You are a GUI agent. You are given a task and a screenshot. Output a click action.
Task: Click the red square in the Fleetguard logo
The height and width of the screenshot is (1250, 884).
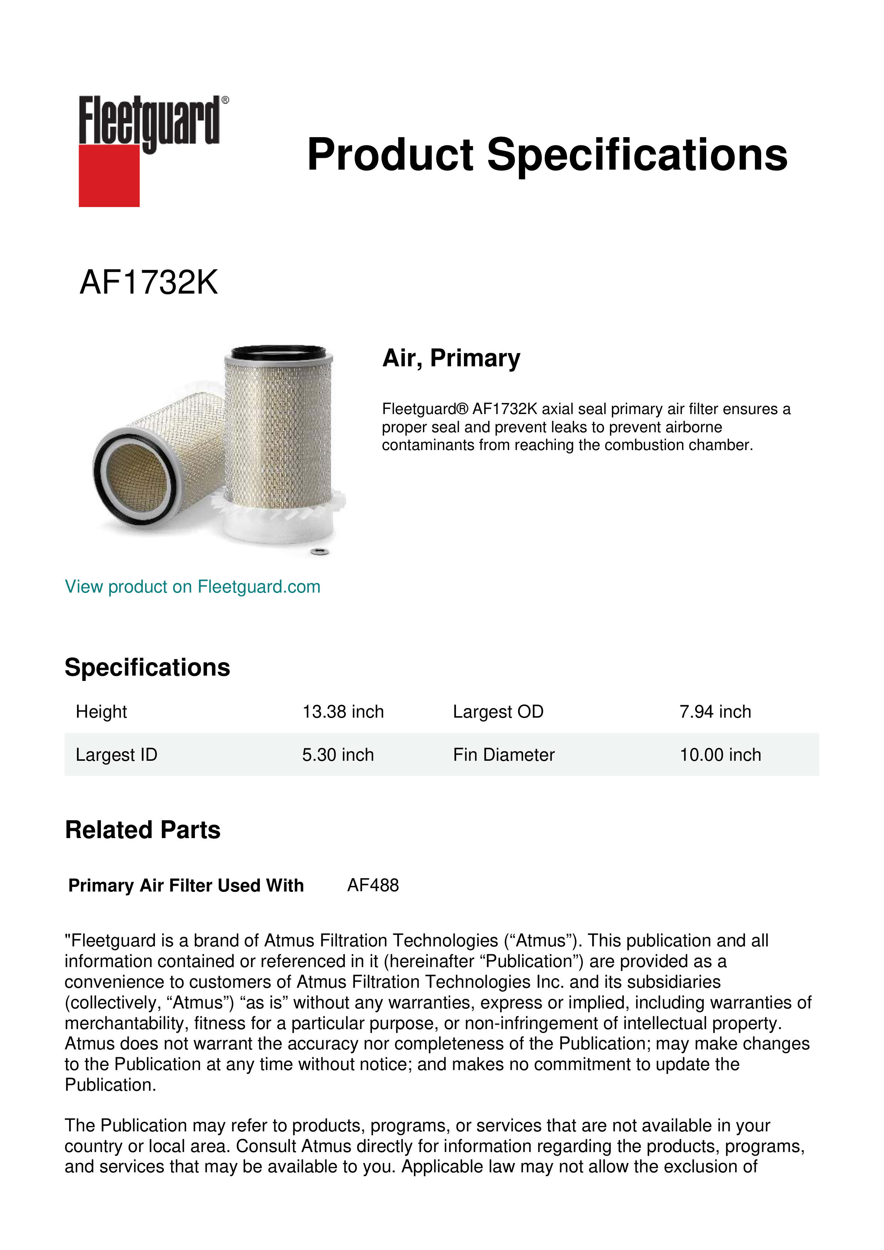pyautogui.click(x=109, y=175)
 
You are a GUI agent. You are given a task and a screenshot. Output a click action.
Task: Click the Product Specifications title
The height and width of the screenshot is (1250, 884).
pyautogui.click(x=547, y=155)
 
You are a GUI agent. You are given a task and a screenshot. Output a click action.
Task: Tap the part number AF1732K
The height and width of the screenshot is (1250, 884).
pyautogui.click(x=149, y=283)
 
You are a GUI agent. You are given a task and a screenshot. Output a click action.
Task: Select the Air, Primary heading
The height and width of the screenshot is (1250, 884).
pyautogui.click(x=451, y=358)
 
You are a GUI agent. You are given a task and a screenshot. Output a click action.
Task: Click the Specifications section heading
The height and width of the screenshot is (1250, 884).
pyautogui.click(x=148, y=667)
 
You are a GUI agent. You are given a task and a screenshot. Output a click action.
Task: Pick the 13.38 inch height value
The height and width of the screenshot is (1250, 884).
pyautogui.click(x=343, y=712)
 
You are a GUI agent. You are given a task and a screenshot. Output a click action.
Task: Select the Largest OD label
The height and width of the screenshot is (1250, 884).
pyautogui.click(x=498, y=712)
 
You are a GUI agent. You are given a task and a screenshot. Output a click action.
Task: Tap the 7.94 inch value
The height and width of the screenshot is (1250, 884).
pyautogui.click(x=715, y=712)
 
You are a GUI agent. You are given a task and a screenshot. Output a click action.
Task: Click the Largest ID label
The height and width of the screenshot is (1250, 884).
pyautogui.click(x=117, y=755)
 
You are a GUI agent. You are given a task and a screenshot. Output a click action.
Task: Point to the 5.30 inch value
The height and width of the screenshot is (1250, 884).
pyautogui.click(x=338, y=755)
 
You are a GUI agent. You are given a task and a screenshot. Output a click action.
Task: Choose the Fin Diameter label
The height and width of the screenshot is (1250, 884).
pyautogui.click(x=503, y=755)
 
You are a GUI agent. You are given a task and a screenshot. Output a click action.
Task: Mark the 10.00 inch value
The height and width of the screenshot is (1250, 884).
pyautogui.click(x=720, y=755)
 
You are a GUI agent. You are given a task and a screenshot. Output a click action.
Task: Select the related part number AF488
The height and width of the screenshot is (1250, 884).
pyautogui.click(x=373, y=885)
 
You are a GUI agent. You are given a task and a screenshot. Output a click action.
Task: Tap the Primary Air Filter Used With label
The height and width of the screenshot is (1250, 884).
pyautogui.click(x=186, y=886)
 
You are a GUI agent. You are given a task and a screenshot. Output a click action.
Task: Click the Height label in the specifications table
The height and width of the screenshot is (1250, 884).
pyautogui.click(x=101, y=712)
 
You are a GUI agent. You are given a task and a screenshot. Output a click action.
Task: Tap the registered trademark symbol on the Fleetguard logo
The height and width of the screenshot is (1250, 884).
pyautogui.click(x=225, y=100)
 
